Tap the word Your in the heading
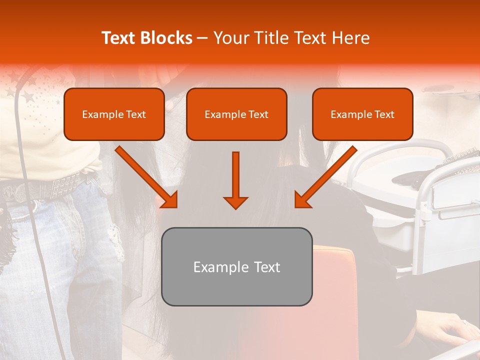tap(228, 38)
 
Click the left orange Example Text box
tap(114, 114)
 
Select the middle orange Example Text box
tap(236, 114)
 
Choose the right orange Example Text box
tap(362, 114)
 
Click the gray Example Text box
tap(236, 266)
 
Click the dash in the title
tap(202, 38)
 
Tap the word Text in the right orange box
tap(384, 114)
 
